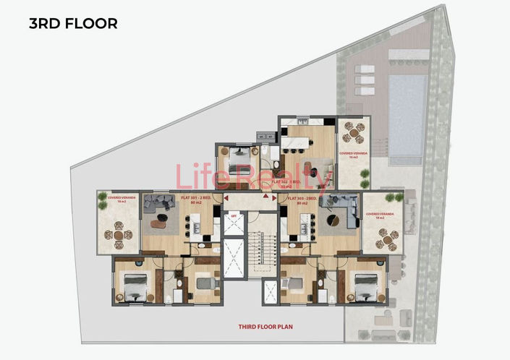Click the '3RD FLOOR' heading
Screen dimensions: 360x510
pyautogui.click(x=72, y=23)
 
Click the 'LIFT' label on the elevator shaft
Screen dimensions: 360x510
pyautogui.click(x=234, y=215)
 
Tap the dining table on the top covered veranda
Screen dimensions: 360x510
pyautogui.click(x=353, y=133)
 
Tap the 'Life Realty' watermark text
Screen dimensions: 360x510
pyautogui.click(x=253, y=176)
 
